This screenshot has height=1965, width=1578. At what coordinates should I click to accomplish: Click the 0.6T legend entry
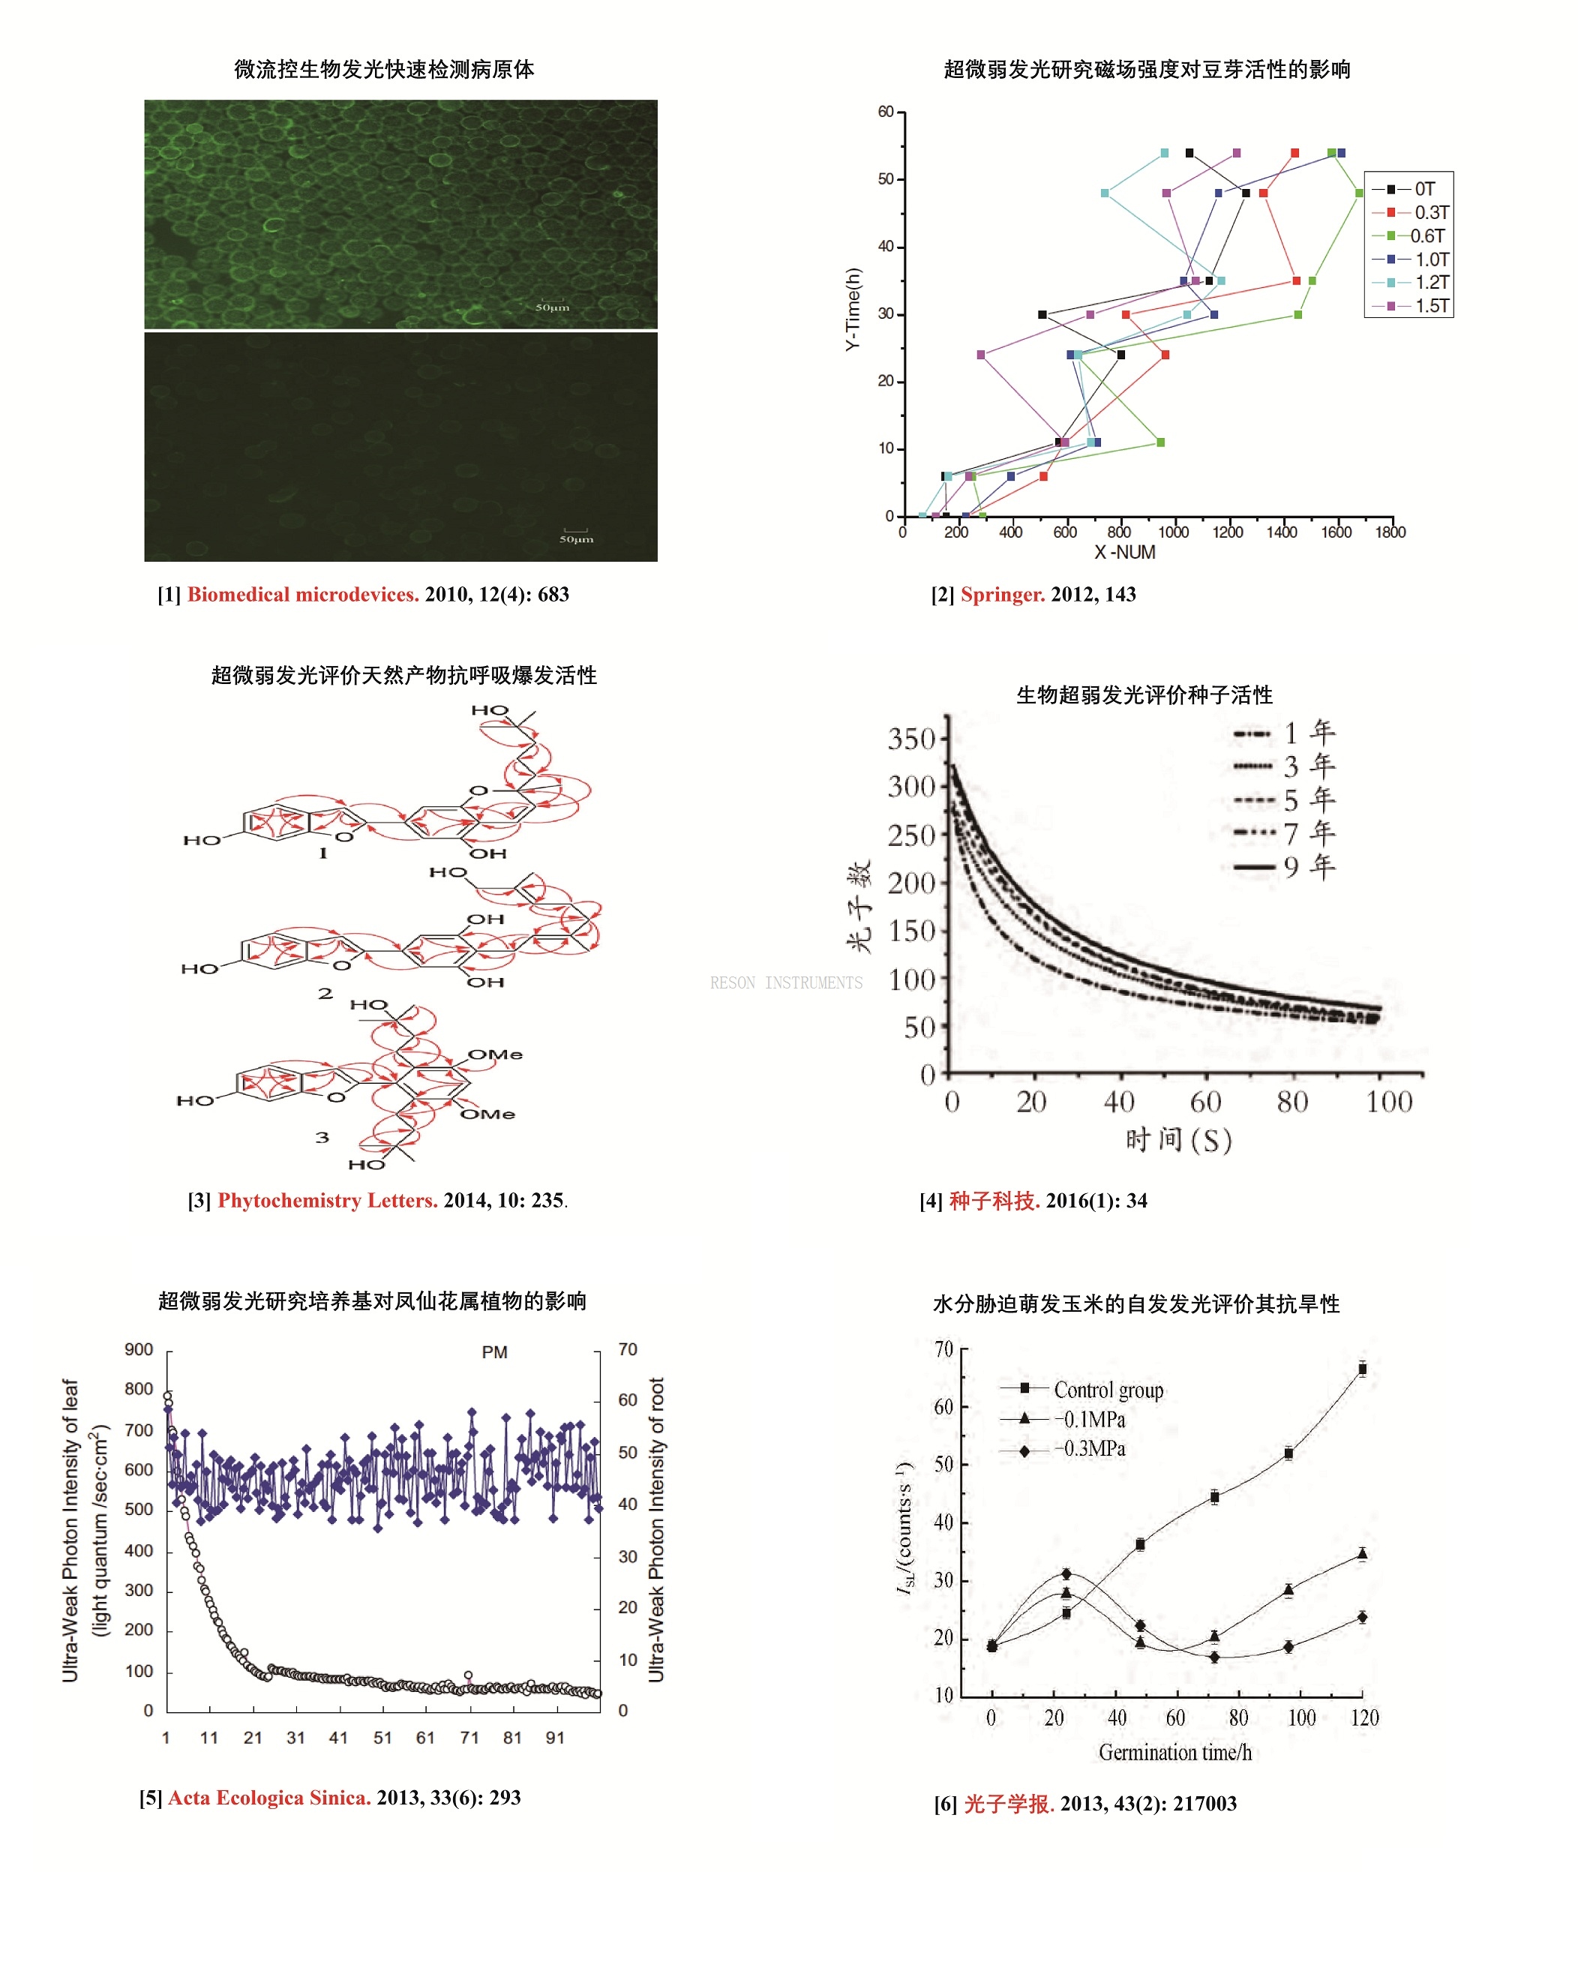point(1426,235)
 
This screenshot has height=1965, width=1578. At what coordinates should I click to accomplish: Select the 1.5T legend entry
point(1430,305)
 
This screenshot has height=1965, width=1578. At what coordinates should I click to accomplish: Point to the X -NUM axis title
point(1124,551)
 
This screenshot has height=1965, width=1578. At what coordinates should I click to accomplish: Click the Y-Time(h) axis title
point(852,309)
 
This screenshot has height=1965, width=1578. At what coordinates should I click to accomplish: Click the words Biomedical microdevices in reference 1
point(303,594)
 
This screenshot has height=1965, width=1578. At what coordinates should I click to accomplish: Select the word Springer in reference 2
point(1002,594)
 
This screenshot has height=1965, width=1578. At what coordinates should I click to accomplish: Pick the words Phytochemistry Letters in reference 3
point(327,1199)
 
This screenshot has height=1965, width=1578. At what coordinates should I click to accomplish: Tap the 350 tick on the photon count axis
point(910,737)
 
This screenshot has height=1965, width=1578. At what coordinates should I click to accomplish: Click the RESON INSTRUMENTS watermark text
point(786,982)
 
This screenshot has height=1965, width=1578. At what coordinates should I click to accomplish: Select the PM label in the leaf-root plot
point(494,1351)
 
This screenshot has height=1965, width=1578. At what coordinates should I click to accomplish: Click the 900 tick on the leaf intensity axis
point(139,1349)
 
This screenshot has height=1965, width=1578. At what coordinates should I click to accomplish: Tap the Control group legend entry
point(1108,1389)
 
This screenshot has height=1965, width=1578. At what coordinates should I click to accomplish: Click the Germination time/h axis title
point(1174,1752)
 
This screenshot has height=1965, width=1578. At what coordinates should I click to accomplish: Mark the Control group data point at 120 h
point(1362,1368)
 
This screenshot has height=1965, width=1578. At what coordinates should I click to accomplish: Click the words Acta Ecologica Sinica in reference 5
point(269,1796)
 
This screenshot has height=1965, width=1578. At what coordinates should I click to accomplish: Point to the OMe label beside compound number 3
point(495,1054)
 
